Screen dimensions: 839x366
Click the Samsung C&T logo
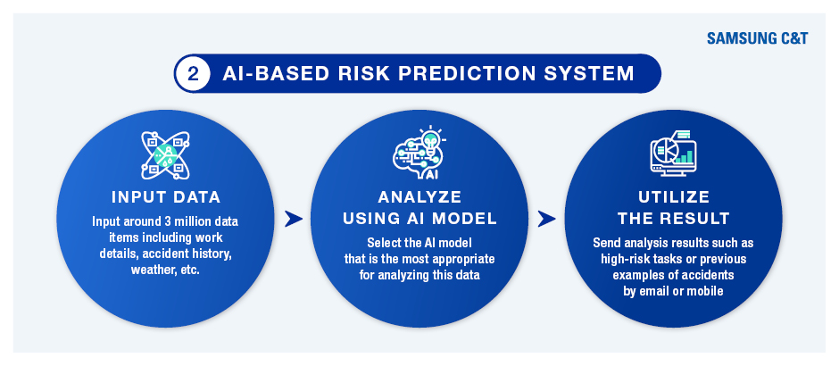click(x=757, y=38)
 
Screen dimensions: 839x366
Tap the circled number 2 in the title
click(x=194, y=73)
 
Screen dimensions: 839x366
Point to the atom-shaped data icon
click(x=166, y=155)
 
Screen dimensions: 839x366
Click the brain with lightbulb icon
click(x=419, y=153)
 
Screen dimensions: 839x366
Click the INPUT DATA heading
click(x=166, y=197)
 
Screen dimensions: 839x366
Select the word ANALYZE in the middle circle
click(x=419, y=197)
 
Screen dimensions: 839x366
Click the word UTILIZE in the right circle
click(x=674, y=197)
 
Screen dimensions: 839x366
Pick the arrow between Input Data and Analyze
click(x=294, y=219)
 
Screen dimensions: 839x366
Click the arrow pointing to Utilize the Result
click(x=547, y=219)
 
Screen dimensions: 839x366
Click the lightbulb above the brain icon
click(x=429, y=137)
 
